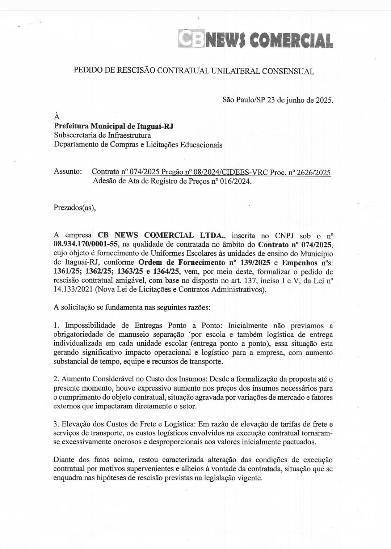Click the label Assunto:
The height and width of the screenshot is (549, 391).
pos(68,171)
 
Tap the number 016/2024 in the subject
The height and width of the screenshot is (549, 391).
pos(236,181)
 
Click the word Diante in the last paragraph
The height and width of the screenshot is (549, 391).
pos(64,460)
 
